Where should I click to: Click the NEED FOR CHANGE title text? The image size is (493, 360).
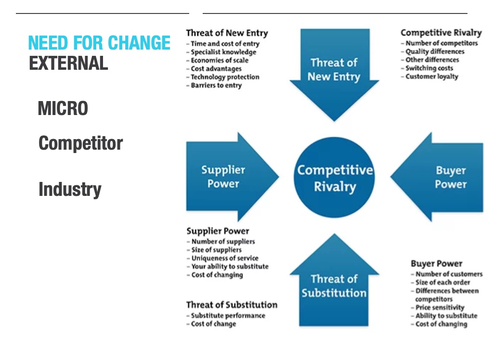tap(99, 43)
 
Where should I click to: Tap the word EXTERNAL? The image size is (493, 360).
tap(68, 64)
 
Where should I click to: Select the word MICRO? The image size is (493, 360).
tap(63, 109)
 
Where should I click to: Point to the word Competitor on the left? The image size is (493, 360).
tap(80, 143)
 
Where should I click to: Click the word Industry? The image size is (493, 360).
tap(70, 190)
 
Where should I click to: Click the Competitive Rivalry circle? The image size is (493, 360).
tap(335, 178)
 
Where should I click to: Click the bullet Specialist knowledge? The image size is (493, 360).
tap(223, 52)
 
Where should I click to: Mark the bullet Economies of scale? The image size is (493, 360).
tap(220, 60)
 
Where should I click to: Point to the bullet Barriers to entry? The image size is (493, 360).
tap(216, 85)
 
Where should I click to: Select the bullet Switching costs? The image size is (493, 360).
tap(429, 68)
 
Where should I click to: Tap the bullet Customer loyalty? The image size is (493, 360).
tap(432, 77)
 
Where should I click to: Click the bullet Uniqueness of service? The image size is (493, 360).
tap(225, 258)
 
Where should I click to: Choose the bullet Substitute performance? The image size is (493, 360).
tap(228, 316)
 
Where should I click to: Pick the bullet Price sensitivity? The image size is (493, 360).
tap(440, 308)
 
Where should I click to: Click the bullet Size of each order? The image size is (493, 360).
tap(442, 283)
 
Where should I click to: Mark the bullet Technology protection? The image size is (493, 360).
tap(225, 77)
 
